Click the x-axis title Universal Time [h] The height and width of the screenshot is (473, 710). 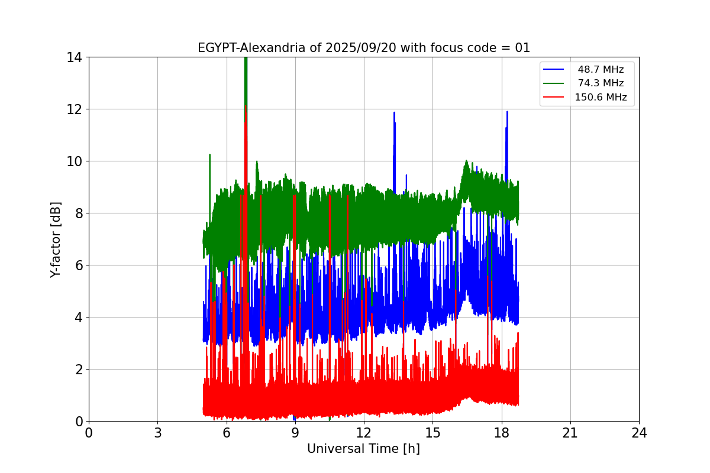363,449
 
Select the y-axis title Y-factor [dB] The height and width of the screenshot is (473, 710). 56,239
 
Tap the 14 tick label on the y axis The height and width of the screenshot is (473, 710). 74,57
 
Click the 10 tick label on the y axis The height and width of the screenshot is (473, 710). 74,161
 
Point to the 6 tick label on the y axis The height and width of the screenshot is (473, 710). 78,265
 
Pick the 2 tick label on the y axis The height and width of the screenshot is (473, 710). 78,370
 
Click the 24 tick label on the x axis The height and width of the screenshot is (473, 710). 639,433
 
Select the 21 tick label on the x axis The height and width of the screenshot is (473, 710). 570,433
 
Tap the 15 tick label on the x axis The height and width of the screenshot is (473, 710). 433,433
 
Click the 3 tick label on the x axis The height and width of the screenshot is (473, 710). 157,433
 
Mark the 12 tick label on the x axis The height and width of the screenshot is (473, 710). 364,433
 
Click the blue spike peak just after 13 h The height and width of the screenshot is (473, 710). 394,113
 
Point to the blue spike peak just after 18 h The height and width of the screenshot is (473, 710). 507,112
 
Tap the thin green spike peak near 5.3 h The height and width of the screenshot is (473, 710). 209,155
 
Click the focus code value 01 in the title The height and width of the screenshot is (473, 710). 522,48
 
